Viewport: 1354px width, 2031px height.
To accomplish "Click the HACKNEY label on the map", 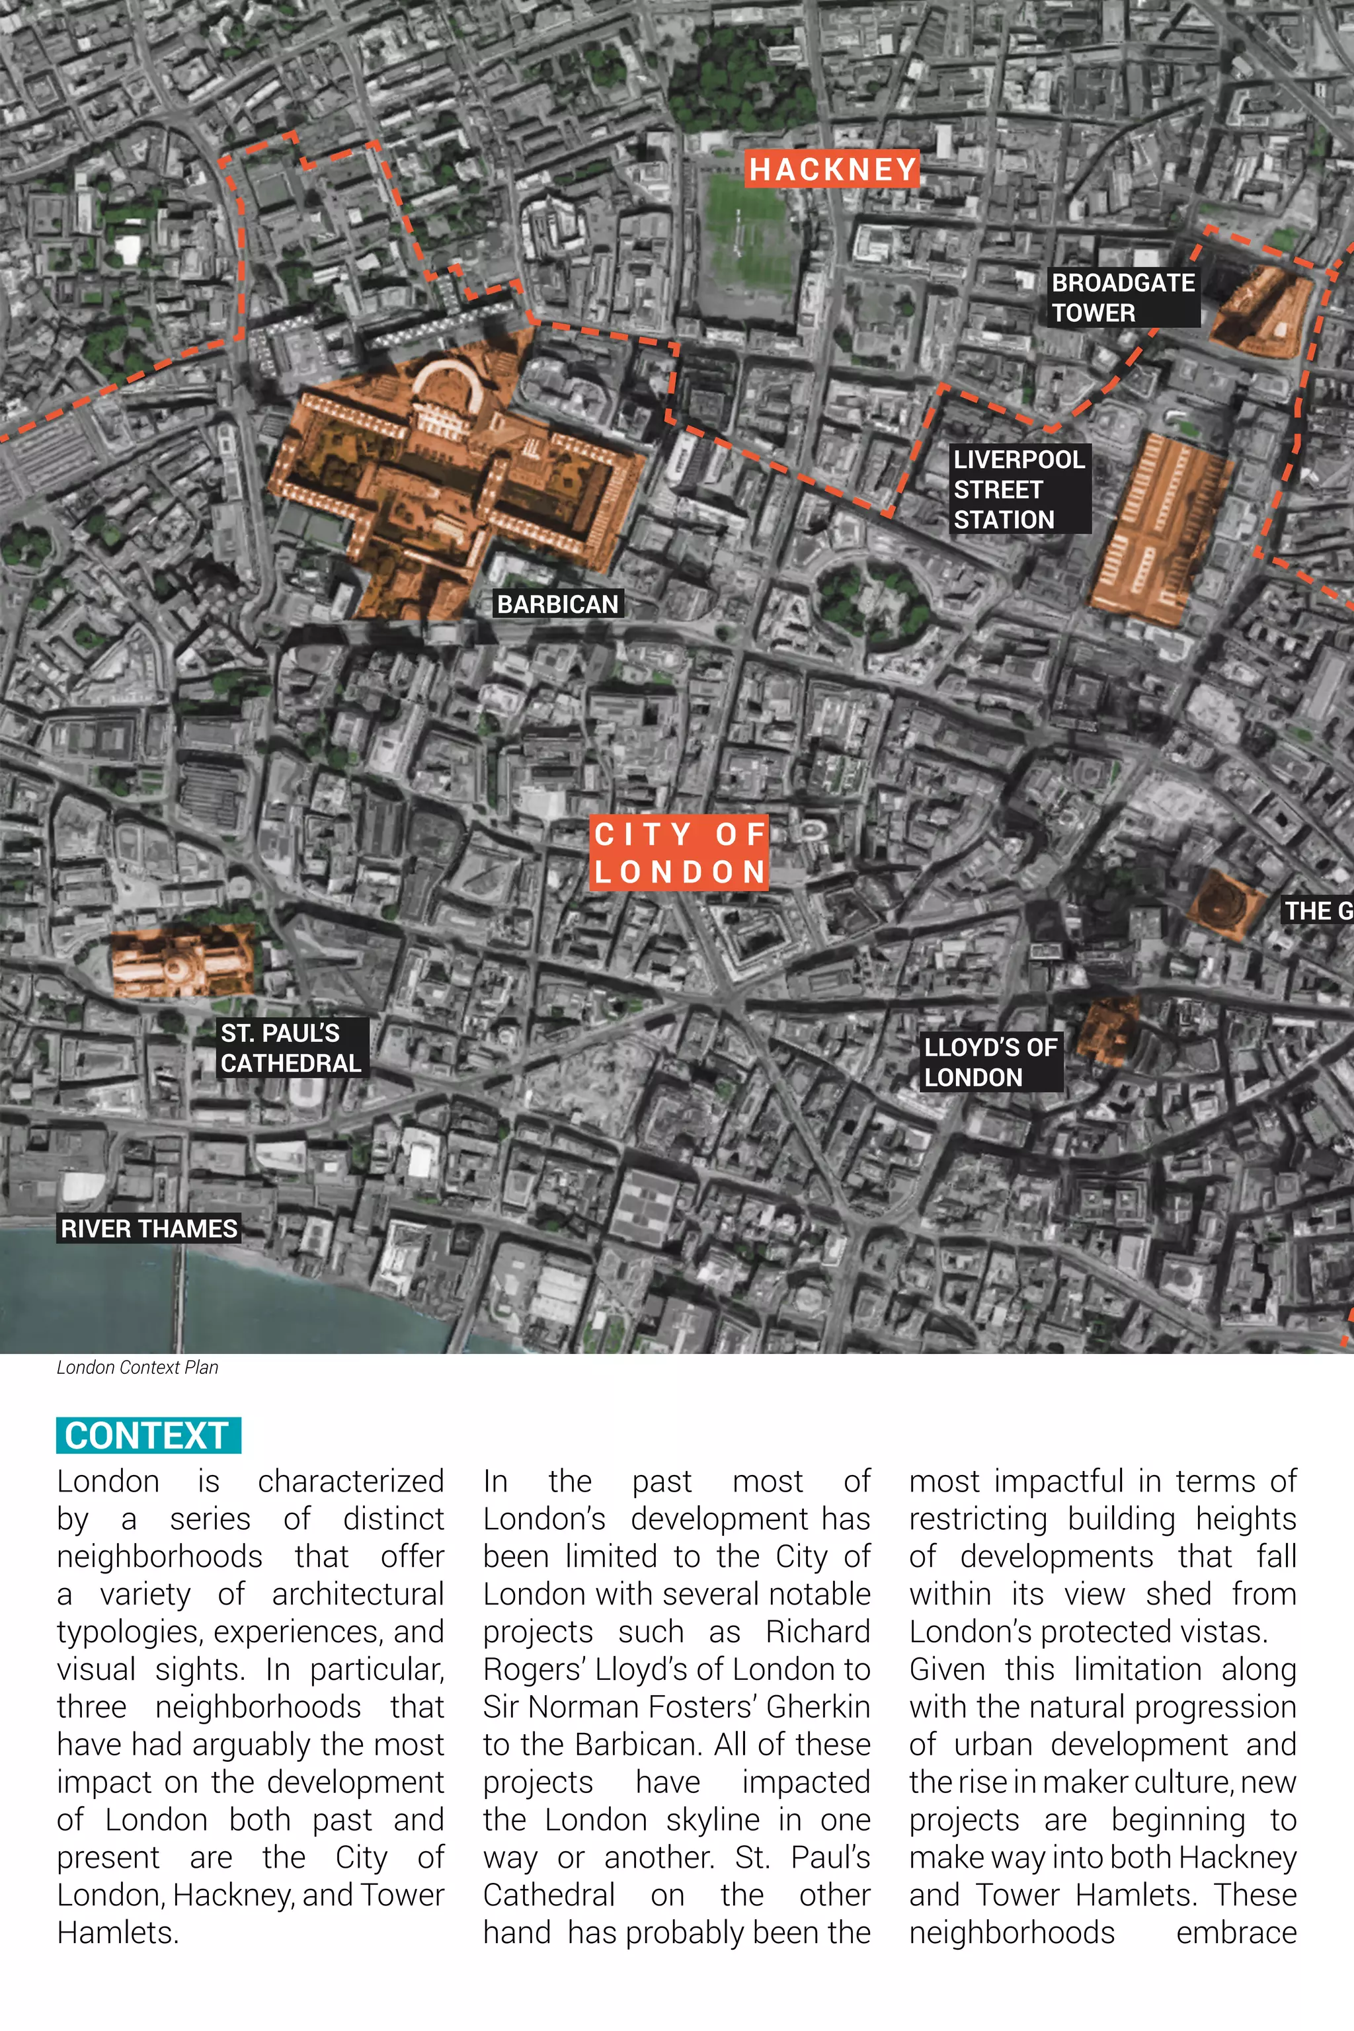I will pyautogui.click(x=832, y=169).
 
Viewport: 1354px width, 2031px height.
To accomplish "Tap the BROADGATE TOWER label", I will pyautogui.click(x=1123, y=297).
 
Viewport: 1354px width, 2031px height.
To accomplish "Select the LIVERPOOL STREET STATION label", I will pyautogui.click(x=1019, y=489).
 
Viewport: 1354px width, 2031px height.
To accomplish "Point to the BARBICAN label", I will pyautogui.click(x=558, y=604).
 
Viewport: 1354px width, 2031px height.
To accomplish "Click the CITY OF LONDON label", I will pyautogui.click(x=680, y=853).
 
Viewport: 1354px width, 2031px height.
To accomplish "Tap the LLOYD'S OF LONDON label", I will pyautogui.click(x=990, y=1062).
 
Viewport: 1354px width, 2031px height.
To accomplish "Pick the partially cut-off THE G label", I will pyautogui.click(x=1318, y=910).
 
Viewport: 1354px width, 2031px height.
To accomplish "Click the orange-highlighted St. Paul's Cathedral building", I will pyautogui.click(x=181, y=961).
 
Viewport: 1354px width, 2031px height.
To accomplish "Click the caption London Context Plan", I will pyautogui.click(x=138, y=1367).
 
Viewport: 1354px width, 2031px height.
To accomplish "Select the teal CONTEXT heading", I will pyautogui.click(x=147, y=1435).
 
